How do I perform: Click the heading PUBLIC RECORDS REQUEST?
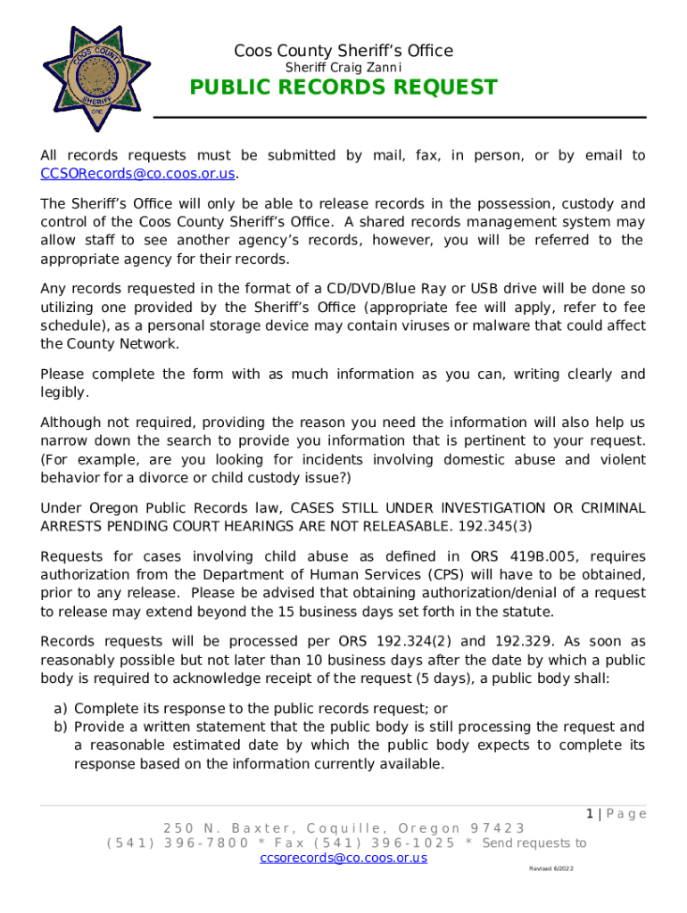point(343,87)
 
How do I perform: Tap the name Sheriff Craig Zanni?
point(343,68)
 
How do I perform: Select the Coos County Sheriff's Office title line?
point(343,51)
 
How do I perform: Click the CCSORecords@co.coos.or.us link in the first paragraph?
point(138,173)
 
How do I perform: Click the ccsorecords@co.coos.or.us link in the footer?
point(343,858)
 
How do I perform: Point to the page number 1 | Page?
point(616,813)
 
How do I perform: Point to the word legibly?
point(63,392)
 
